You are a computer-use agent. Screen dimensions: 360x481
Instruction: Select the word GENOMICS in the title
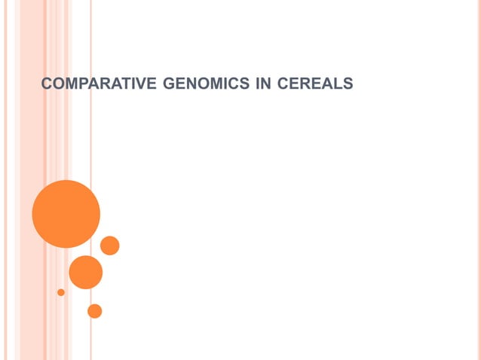point(204,84)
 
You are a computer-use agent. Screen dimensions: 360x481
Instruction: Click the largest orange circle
point(66,214)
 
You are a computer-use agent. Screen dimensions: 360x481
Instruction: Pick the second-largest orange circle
point(85,272)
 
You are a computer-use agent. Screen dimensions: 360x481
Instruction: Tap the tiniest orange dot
point(61,292)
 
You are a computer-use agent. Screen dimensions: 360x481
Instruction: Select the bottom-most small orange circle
point(94,310)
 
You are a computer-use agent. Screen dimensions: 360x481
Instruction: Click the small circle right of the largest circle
point(110,246)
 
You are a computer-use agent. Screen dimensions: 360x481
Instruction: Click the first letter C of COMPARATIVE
point(46,84)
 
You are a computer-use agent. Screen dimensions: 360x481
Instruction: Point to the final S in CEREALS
point(348,84)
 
